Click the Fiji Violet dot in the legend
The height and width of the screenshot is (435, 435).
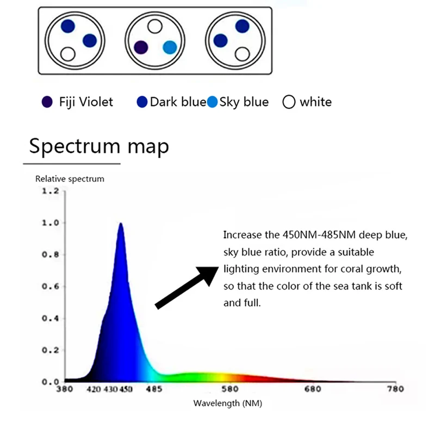tap(47, 102)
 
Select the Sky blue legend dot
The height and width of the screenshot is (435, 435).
tap(212, 102)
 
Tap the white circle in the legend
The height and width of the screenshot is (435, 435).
tap(289, 102)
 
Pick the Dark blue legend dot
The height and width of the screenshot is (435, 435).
tap(142, 102)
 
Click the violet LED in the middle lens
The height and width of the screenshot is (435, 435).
tap(141, 47)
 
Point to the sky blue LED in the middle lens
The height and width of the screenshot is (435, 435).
tap(170, 47)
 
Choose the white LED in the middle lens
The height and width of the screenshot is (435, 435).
tap(155, 26)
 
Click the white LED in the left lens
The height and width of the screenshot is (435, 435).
tap(67, 54)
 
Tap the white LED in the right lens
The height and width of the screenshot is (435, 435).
tap(242, 54)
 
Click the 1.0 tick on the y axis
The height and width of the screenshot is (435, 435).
tap(51, 223)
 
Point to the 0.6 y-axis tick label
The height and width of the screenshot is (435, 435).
tap(51, 287)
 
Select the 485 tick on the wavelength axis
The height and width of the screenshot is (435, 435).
tap(154, 389)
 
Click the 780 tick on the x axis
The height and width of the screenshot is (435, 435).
tap(395, 389)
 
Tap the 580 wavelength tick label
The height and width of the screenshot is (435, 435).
tap(230, 389)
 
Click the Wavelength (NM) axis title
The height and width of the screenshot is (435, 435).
tap(228, 403)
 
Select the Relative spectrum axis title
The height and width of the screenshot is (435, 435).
tap(70, 179)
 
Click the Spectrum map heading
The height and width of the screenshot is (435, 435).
tap(99, 146)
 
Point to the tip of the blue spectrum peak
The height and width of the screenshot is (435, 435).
tap(121, 223)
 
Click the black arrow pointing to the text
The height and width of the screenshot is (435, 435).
tap(187, 288)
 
